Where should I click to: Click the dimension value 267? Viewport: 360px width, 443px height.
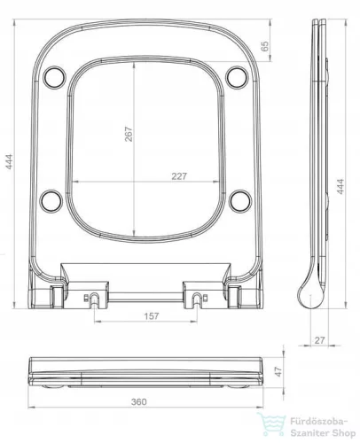point(129,134)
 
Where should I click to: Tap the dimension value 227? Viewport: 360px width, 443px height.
point(179,176)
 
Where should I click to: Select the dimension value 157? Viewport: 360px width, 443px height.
point(152,316)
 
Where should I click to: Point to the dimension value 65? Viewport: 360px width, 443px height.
point(265,46)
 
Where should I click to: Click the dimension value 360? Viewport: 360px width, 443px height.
point(139,401)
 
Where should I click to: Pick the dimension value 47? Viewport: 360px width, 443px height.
point(278,371)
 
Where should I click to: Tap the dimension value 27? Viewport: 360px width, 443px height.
point(319,340)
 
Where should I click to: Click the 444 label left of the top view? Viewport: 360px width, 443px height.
point(10,161)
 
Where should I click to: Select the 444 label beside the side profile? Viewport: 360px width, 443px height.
point(340,186)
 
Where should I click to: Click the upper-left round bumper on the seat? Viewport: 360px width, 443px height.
point(54,76)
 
